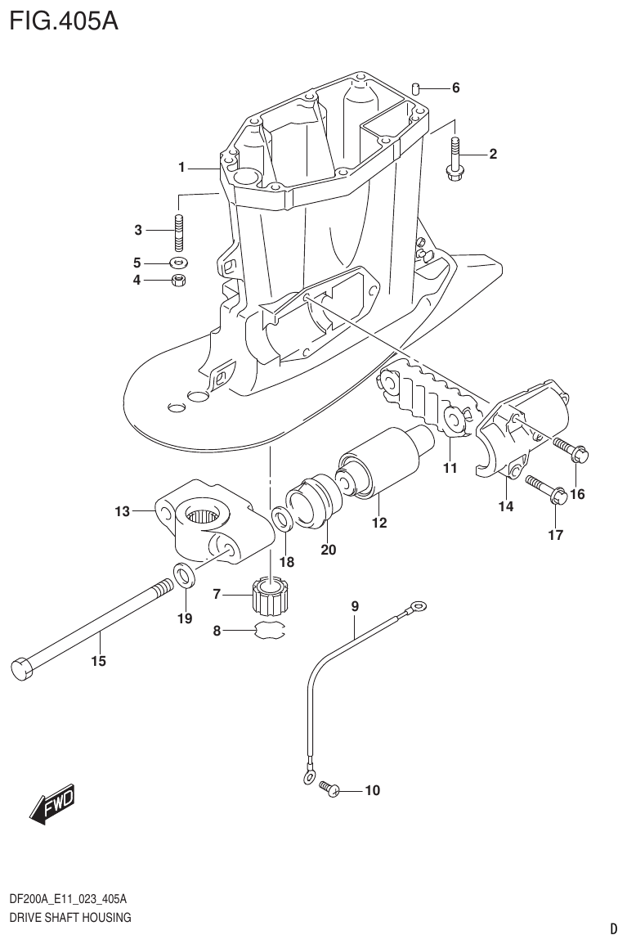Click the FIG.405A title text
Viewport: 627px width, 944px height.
64,20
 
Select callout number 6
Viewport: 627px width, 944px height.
455,88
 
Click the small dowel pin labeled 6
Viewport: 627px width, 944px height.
417,88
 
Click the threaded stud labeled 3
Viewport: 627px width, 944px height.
179,231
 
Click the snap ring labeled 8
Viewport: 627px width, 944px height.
269,631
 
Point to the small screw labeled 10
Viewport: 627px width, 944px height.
329,789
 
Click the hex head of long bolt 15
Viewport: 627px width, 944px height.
22,667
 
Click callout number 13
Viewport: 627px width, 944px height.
122,512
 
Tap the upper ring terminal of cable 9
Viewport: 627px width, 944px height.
419,606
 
